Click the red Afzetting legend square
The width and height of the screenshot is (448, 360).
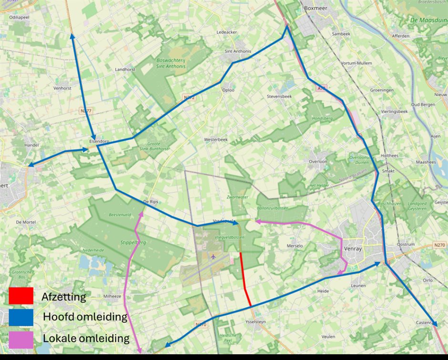point(20,296)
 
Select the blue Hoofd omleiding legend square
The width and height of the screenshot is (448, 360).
point(20,317)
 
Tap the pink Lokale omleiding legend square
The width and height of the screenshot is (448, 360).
point(20,339)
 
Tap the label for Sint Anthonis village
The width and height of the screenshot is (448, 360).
point(238,51)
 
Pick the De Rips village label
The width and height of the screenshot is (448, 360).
point(151,201)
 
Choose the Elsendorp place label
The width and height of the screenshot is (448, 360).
point(99,141)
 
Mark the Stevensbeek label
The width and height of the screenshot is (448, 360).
point(279,96)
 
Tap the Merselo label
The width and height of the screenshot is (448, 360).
point(295,246)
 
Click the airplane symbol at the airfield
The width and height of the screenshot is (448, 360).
point(213,256)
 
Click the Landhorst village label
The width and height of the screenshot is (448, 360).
point(125,69)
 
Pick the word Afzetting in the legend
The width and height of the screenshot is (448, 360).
point(64,297)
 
